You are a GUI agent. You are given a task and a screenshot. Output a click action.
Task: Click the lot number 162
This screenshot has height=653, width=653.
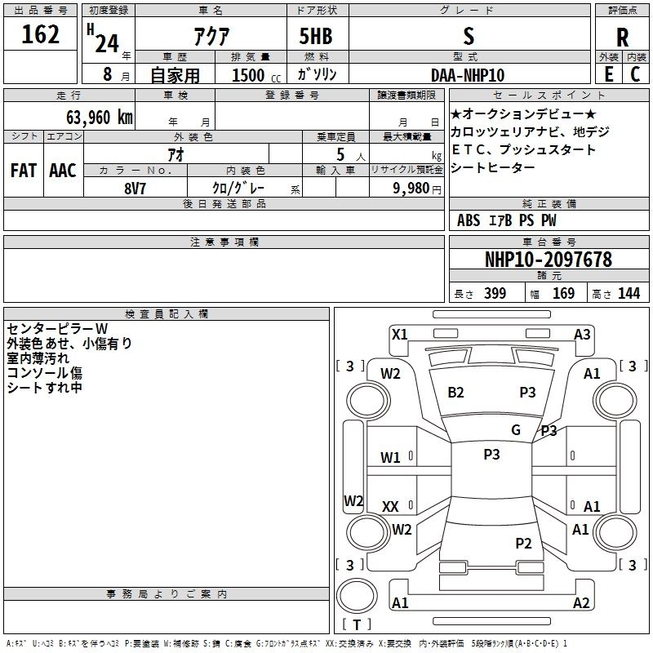pyautogui.click(x=41, y=36)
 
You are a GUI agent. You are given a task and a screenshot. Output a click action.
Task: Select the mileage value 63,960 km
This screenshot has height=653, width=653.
pyautogui.click(x=91, y=117)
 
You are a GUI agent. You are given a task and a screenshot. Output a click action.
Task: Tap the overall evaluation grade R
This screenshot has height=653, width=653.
pyautogui.click(x=622, y=37)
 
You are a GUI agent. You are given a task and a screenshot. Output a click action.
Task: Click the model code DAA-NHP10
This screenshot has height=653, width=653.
pyautogui.click(x=468, y=74)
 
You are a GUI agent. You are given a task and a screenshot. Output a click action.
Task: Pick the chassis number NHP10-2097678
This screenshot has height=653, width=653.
pyautogui.click(x=548, y=260)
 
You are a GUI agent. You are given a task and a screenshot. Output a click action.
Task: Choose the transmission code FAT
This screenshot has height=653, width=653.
pyautogui.click(x=23, y=171)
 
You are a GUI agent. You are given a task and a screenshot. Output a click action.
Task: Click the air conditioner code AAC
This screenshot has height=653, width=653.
pyautogui.click(x=62, y=171)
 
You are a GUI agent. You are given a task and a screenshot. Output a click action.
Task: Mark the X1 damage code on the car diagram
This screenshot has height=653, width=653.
pyautogui.click(x=399, y=334)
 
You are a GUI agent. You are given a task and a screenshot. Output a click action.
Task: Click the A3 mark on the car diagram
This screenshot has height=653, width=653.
pyautogui.click(x=582, y=334)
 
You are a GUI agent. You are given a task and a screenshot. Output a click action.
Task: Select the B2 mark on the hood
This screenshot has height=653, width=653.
pyautogui.click(x=455, y=393)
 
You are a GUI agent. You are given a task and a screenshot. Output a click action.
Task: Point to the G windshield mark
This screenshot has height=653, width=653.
pyautogui.click(x=516, y=430)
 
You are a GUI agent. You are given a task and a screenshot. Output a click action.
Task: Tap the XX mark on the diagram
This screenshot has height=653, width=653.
pyautogui.click(x=390, y=507)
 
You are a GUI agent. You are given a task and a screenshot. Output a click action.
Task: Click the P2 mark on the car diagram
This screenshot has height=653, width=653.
pyautogui.click(x=523, y=543)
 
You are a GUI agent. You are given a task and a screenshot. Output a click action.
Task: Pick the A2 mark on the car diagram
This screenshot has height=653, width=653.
pyautogui.click(x=581, y=603)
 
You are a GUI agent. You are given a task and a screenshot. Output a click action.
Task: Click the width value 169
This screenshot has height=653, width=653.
pyautogui.click(x=564, y=294)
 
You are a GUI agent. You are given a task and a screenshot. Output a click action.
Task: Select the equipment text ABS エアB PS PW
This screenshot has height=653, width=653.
pyautogui.click(x=507, y=220)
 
